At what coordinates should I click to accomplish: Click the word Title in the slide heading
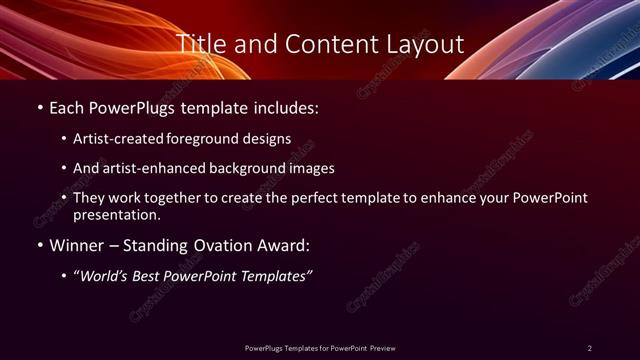[x=200, y=44]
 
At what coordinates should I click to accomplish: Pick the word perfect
[x=310, y=198]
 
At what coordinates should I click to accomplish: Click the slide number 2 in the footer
[x=590, y=347]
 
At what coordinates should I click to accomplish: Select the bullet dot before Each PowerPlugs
[x=39, y=107]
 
